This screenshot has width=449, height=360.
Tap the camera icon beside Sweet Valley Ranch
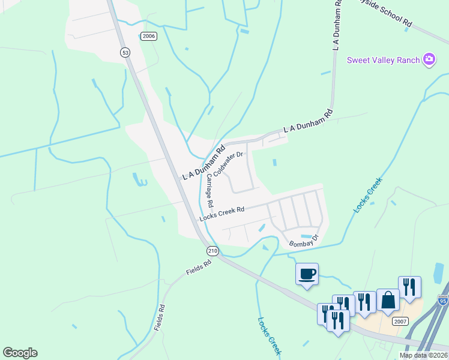point(429,59)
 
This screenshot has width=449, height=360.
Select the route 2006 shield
point(149,36)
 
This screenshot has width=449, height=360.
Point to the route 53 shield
point(125,52)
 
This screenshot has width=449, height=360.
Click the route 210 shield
point(212,250)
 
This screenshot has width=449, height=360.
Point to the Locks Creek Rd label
point(222,212)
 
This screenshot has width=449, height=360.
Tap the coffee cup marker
point(307,274)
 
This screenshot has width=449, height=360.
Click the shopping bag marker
point(388,300)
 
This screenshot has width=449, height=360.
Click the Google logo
point(20,353)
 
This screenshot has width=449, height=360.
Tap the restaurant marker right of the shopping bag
point(409,287)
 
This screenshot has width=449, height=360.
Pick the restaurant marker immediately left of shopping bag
point(364,302)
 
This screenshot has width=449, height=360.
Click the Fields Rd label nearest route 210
point(199,268)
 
